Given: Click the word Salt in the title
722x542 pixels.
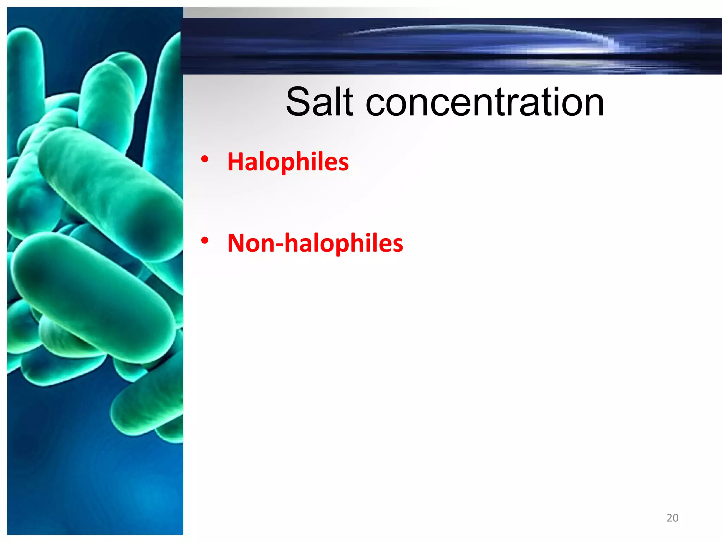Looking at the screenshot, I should click(x=319, y=102).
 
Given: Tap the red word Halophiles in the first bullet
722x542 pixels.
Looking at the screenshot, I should click(x=288, y=162).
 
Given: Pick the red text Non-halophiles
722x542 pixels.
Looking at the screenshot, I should click(x=315, y=243).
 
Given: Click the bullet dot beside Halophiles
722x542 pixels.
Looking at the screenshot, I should click(x=204, y=159).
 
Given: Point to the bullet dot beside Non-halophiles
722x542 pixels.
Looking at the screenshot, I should click(x=204, y=241).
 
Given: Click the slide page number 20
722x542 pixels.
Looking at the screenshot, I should click(x=672, y=518).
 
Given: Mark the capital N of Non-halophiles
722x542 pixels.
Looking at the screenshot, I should click(x=237, y=243).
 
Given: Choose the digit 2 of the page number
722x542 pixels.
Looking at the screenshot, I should click(x=669, y=518).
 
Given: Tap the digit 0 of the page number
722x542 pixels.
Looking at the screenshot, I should click(x=675, y=518).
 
